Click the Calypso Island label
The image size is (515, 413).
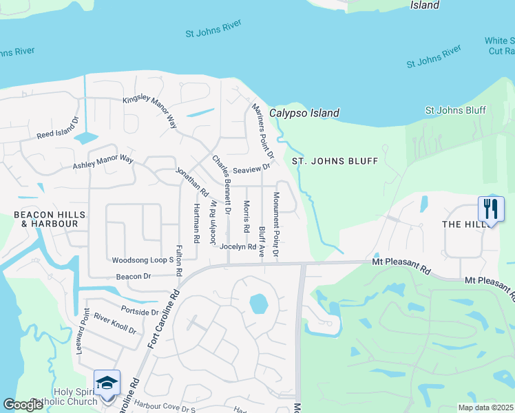click(x=304, y=113)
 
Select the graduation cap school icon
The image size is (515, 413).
click(x=107, y=382)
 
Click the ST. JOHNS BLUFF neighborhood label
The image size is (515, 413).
click(x=335, y=161)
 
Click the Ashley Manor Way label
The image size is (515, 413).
click(x=103, y=162)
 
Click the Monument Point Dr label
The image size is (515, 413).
click(x=275, y=225)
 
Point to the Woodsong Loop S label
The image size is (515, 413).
click(x=143, y=261)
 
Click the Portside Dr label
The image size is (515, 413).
click(x=139, y=311)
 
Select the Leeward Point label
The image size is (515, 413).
click(x=85, y=332)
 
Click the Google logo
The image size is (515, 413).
click(x=23, y=405)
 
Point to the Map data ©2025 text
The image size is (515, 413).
click(x=485, y=407)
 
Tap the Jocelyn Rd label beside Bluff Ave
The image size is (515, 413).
click(x=238, y=246)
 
